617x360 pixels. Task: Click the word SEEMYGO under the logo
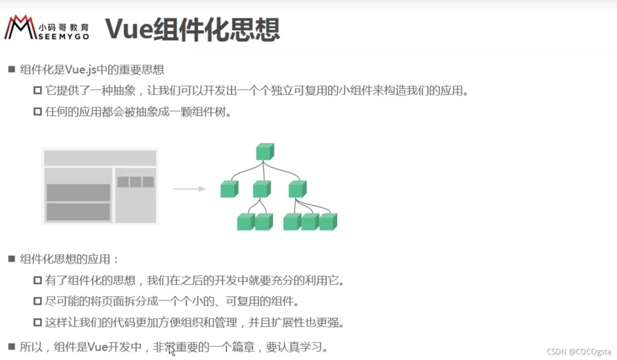point(63,37)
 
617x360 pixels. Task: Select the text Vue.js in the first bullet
point(80,70)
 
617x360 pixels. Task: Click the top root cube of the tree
point(265,151)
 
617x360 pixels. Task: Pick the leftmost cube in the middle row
point(229,189)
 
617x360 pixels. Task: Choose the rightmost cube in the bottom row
point(328,222)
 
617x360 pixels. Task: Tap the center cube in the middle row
point(261,189)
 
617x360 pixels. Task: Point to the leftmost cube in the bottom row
point(245,222)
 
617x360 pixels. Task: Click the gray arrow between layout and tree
point(189,189)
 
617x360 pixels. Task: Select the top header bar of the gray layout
point(100,158)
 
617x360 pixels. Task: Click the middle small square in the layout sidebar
point(136,182)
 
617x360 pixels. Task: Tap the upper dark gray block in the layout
point(78,192)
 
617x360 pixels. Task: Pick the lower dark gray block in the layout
point(78,212)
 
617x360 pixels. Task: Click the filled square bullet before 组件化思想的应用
point(11,259)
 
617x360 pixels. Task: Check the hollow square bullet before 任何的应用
point(37,112)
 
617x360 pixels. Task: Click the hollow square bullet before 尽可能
point(37,301)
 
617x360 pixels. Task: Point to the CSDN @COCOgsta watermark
point(578,352)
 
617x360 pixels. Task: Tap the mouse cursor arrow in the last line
point(171,351)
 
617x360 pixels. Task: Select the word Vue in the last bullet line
point(98,347)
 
